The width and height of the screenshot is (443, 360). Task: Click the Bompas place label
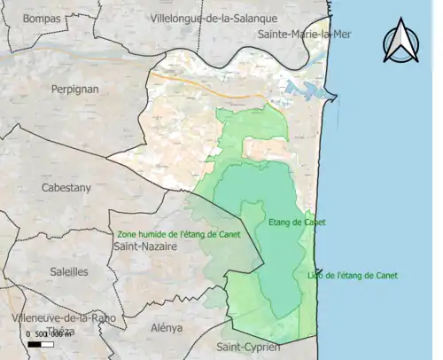click(x=43, y=18)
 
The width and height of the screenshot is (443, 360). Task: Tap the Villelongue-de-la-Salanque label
click(x=214, y=18)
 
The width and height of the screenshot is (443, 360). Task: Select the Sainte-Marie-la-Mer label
click(x=292, y=34)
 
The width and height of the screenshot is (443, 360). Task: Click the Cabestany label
click(x=66, y=188)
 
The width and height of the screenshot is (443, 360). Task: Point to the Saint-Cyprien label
click(x=248, y=347)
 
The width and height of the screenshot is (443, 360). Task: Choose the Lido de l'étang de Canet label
click(x=353, y=276)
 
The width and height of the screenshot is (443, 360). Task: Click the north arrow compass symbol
click(x=400, y=43)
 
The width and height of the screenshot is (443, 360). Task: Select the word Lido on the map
click(x=316, y=276)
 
